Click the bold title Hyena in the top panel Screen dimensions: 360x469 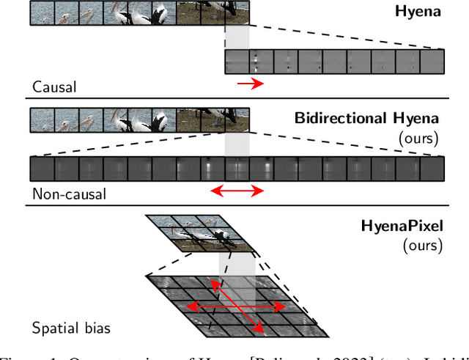click(x=418, y=12)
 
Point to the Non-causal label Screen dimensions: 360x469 click(x=68, y=194)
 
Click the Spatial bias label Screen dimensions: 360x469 click(x=71, y=328)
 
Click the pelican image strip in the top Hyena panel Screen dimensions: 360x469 click(x=139, y=12)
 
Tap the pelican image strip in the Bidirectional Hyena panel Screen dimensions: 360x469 click(x=139, y=119)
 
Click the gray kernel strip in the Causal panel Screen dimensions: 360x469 click(x=334, y=61)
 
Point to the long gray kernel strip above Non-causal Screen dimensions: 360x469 click(x=237, y=168)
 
